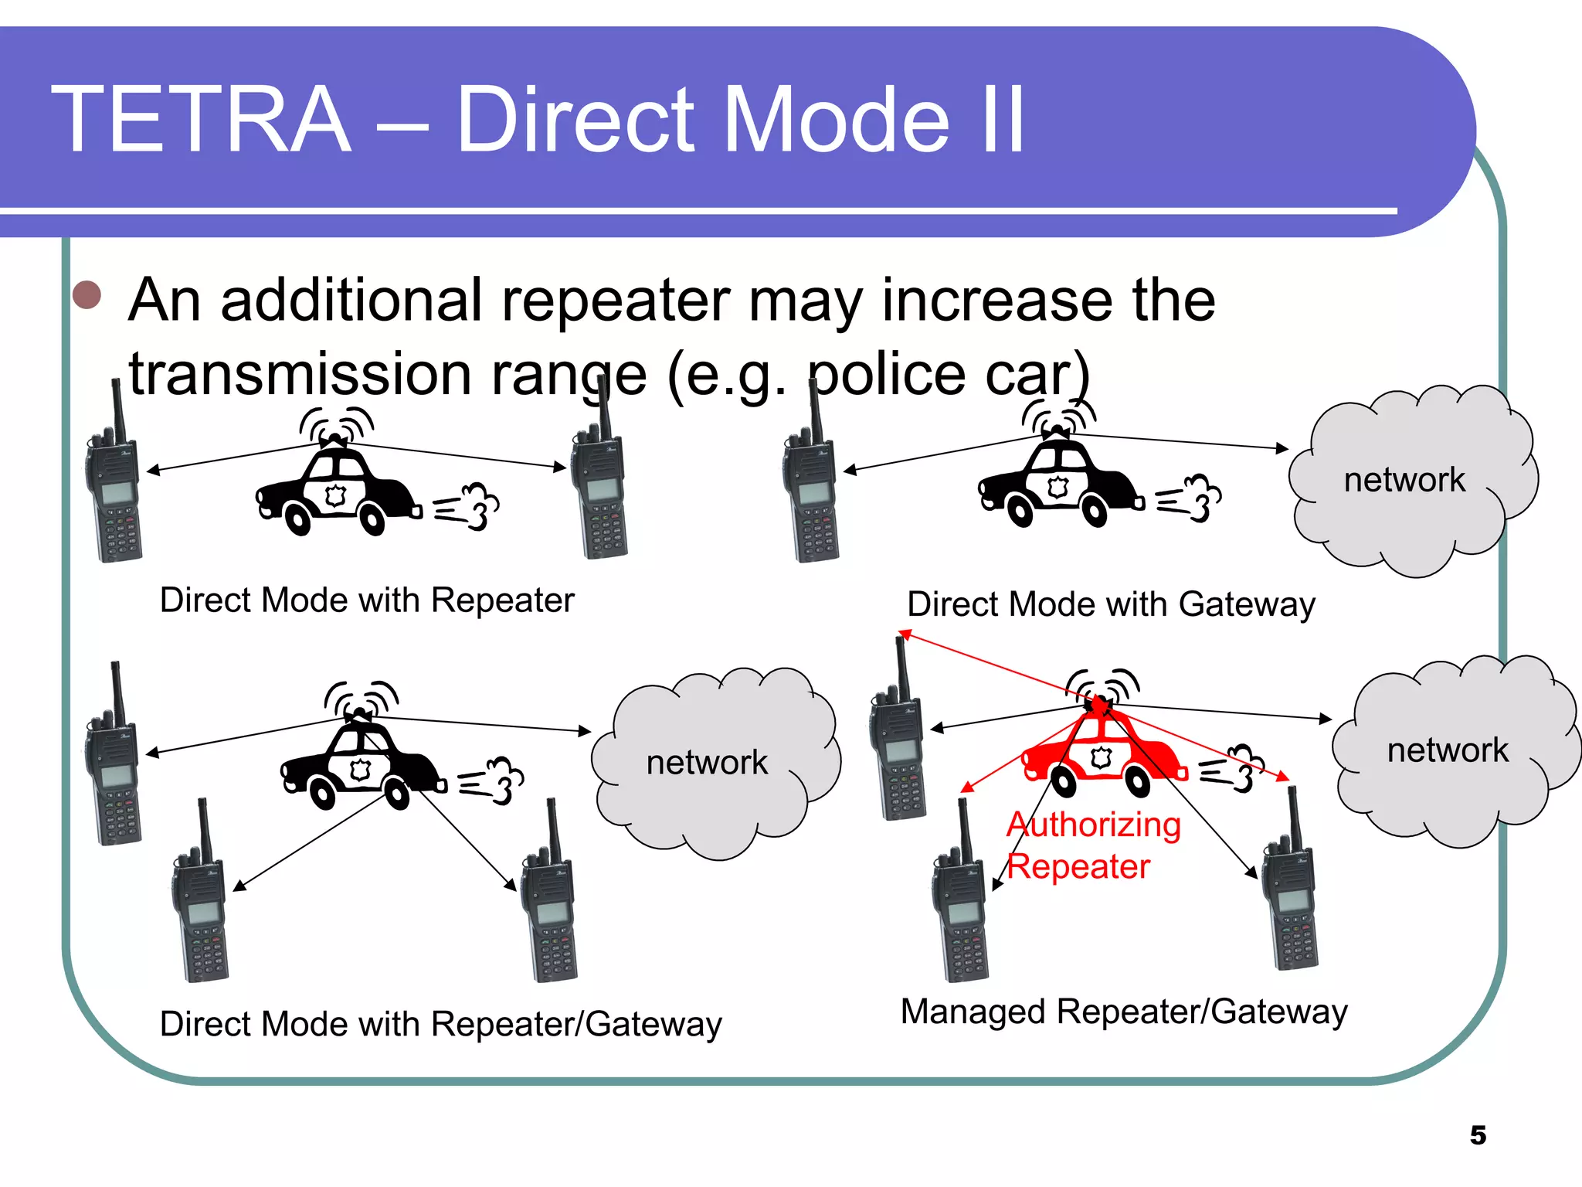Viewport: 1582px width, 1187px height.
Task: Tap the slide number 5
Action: pyautogui.click(x=1477, y=1135)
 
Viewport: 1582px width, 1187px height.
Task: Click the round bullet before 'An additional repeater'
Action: pyautogui.click(x=87, y=294)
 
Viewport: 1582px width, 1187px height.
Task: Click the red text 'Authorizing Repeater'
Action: pyautogui.click(x=1093, y=845)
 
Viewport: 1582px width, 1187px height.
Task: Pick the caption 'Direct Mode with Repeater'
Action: pyautogui.click(x=367, y=600)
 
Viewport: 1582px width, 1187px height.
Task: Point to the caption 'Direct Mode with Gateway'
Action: pyautogui.click(x=1111, y=604)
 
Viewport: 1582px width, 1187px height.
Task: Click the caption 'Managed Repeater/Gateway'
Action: pyautogui.click(x=1124, y=1012)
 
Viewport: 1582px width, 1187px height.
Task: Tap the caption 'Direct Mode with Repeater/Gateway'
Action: pyautogui.click(x=440, y=1024)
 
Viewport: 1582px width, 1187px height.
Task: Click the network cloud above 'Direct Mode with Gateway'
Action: pyautogui.click(x=1410, y=481)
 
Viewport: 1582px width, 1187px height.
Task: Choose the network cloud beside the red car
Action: pyautogui.click(x=1452, y=750)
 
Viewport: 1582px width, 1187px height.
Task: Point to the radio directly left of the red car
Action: pyautogui.click(x=898, y=742)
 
